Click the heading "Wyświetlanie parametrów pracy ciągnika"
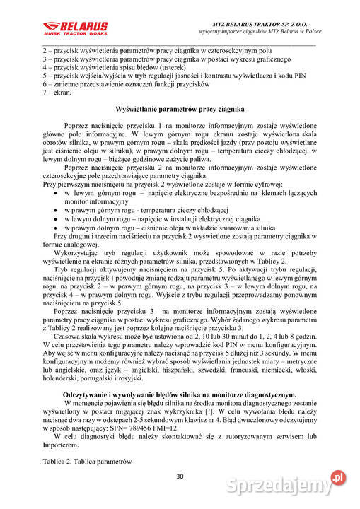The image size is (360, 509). click(x=180, y=110)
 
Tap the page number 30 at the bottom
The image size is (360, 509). click(x=180, y=476)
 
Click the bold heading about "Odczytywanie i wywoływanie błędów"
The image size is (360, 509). click(x=180, y=394)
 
